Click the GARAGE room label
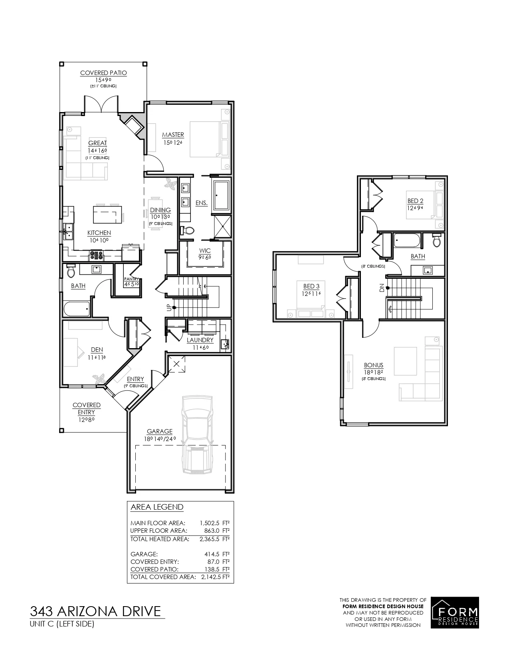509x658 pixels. click(160, 431)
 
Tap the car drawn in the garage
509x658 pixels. click(196, 435)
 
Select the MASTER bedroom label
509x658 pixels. click(173, 135)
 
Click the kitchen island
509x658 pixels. click(107, 214)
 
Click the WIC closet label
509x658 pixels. click(205, 251)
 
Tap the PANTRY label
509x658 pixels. click(131, 279)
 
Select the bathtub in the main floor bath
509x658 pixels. click(76, 308)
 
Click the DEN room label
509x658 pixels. click(97, 350)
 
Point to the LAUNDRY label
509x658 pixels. click(200, 340)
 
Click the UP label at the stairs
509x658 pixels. click(169, 308)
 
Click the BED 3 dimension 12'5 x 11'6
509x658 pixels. click(311, 293)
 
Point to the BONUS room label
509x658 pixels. click(373, 365)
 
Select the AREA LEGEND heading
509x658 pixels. click(157, 507)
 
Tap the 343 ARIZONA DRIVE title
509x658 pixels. click(95, 611)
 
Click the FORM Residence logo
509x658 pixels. click(455, 613)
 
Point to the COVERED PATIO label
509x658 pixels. click(103, 73)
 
